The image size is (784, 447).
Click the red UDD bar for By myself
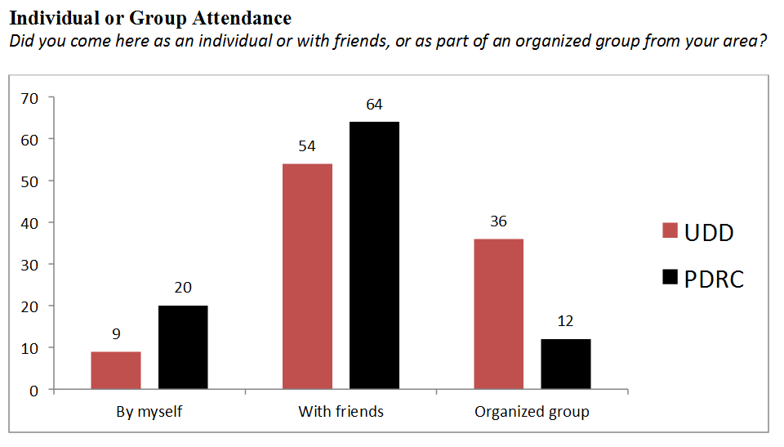click(x=116, y=370)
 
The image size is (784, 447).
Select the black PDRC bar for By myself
click(x=183, y=347)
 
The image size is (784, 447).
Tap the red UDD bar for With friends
click(x=307, y=276)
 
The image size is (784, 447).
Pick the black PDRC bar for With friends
click(x=374, y=255)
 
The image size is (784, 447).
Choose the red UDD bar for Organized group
click(x=498, y=314)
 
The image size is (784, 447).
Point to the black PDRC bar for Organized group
click(x=565, y=364)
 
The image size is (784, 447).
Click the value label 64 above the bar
click(x=374, y=105)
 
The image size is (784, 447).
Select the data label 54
click(x=307, y=146)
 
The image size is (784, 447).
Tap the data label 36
click(x=498, y=221)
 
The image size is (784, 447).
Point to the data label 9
click(x=116, y=333)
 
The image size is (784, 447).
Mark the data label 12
click(x=565, y=321)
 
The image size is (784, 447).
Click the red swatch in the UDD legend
click(x=670, y=232)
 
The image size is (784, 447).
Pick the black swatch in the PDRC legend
click(x=670, y=279)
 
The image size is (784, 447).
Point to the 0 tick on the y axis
click(x=34, y=390)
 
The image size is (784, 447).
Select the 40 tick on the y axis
click(x=29, y=223)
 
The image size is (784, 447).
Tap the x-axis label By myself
click(x=149, y=411)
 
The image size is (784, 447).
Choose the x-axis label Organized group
click(x=532, y=411)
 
